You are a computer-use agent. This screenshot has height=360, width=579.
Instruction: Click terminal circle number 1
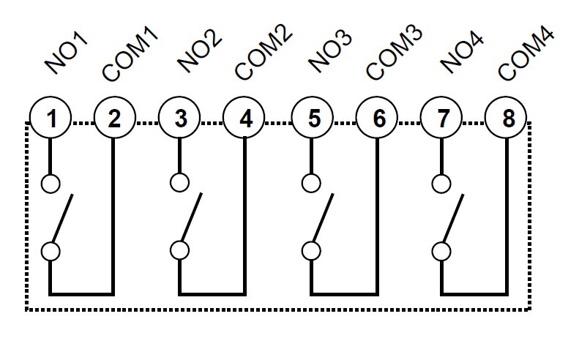pyautogui.click(x=50, y=119)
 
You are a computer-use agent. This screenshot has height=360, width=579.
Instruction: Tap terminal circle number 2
pyautogui.click(x=114, y=119)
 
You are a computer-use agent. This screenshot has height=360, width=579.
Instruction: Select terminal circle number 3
pyautogui.click(x=180, y=119)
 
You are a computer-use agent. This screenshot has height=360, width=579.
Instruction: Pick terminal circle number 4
pyautogui.click(x=245, y=119)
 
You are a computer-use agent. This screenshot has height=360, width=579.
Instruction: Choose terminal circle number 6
pyautogui.click(x=378, y=119)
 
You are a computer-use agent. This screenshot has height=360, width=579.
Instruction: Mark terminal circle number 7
pyautogui.click(x=442, y=119)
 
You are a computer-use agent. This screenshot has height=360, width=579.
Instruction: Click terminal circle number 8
pyautogui.click(x=508, y=119)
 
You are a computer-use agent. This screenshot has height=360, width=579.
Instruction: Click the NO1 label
pyautogui.click(x=67, y=53)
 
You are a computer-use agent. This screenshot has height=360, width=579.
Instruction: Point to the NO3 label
pyautogui.click(x=329, y=53)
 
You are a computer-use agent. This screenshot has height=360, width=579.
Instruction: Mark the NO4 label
pyautogui.click(x=461, y=53)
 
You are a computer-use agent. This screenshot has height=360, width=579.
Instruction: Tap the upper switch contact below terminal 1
pyautogui.click(x=50, y=183)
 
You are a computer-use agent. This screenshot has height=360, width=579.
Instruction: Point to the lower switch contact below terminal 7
pyautogui.click(x=441, y=250)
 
